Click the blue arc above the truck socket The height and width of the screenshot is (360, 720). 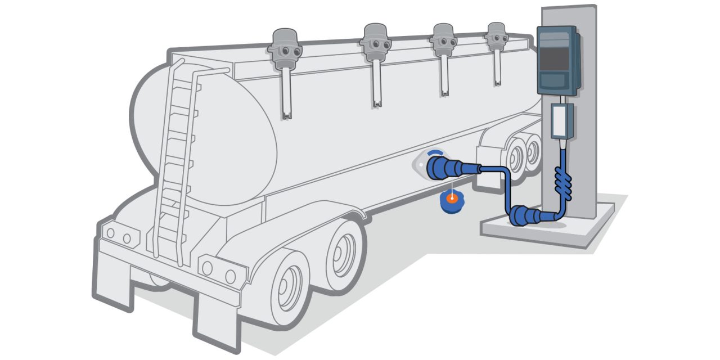(434, 152)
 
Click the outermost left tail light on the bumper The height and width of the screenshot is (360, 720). (110, 233)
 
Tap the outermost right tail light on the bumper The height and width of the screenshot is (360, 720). (230, 276)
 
